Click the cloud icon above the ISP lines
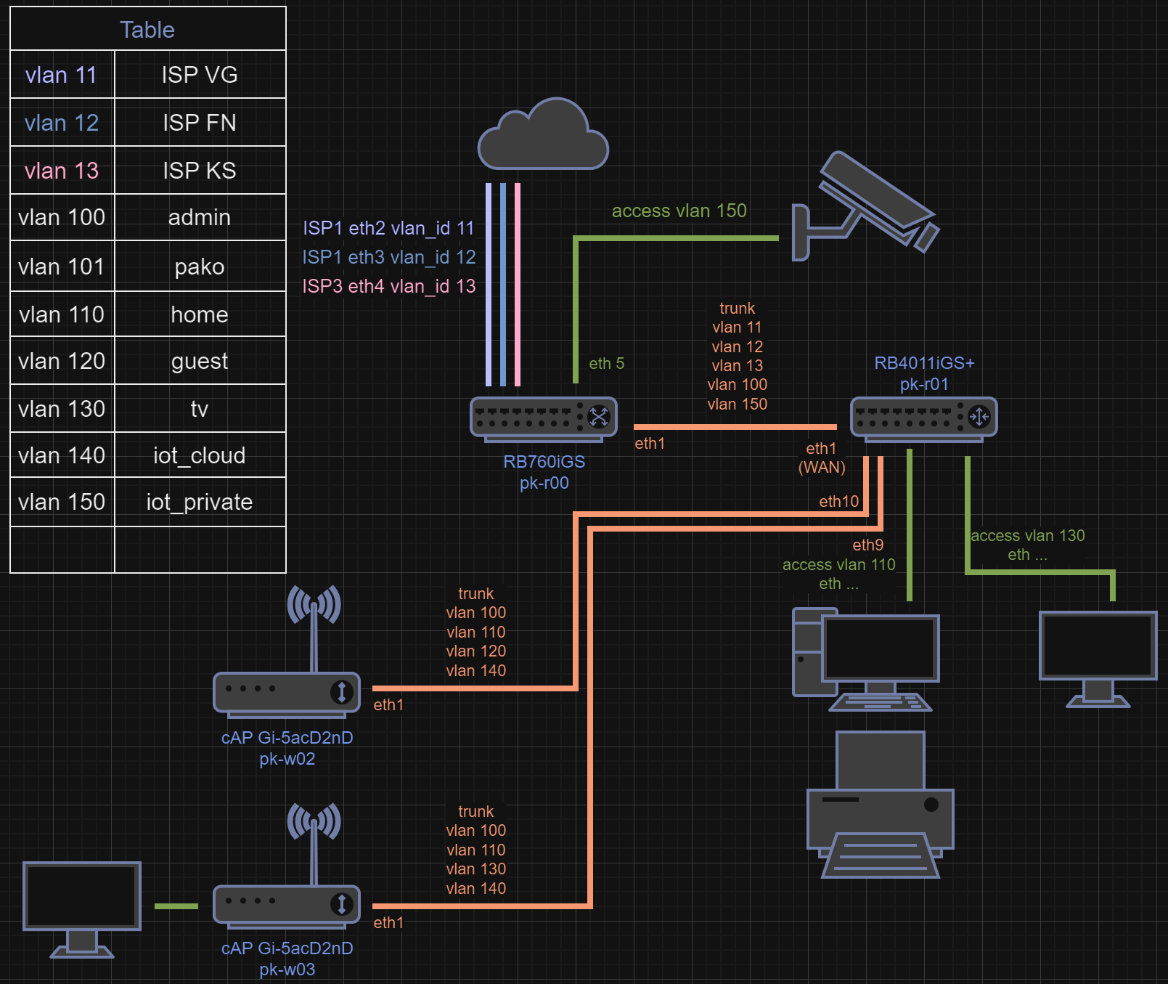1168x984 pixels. (543, 136)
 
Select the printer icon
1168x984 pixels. (880, 806)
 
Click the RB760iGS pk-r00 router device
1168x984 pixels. (544, 418)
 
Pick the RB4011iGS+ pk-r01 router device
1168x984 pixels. (923, 418)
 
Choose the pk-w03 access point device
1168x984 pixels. (287, 903)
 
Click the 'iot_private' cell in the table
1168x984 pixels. (200, 502)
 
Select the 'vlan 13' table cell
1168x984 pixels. (62, 171)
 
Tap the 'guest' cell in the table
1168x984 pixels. (200, 361)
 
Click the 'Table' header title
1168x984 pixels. (147, 30)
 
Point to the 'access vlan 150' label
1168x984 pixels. (679, 211)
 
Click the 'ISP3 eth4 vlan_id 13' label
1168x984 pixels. (388, 286)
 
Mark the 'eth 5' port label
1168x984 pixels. (606, 363)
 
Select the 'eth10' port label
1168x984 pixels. (838, 501)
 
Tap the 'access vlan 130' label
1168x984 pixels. (1027, 536)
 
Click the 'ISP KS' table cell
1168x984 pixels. (200, 171)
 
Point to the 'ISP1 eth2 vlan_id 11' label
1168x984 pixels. (388, 228)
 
